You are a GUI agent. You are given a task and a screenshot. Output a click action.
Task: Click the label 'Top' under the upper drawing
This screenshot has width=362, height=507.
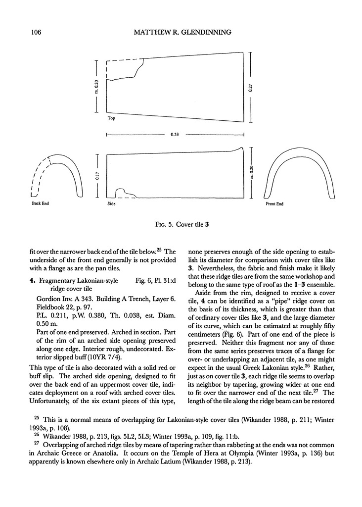pyautogui.click(x=111, y=119)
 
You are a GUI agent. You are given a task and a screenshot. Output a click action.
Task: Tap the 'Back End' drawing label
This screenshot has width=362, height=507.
pyautogui.click(x=40, y=203)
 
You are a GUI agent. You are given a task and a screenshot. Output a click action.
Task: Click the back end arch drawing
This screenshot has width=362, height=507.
pyautogui.click(x=55, y=173)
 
